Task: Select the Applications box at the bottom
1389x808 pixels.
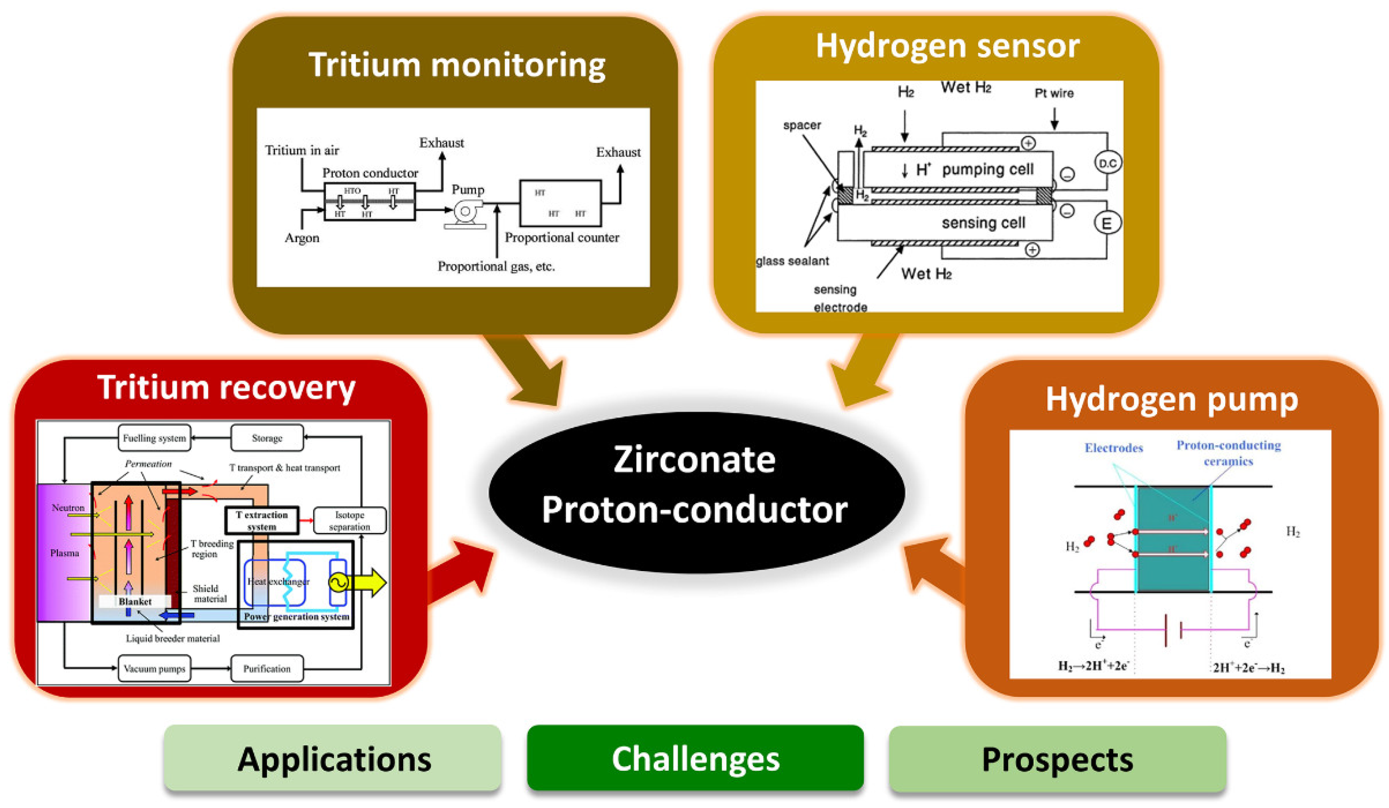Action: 333,759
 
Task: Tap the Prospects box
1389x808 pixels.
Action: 1057,759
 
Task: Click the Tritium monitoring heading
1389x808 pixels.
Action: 457,64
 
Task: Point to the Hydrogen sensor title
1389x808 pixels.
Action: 947,45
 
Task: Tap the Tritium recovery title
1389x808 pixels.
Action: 226,387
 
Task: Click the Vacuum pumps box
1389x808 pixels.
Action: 154,668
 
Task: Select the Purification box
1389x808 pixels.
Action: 267,668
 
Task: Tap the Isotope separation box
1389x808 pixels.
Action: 349,520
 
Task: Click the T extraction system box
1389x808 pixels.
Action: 262,520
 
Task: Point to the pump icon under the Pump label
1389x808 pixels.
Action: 466,213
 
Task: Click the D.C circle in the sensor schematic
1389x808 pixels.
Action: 1107,163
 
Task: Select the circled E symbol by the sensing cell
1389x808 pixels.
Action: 1107,223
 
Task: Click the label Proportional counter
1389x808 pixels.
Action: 562,238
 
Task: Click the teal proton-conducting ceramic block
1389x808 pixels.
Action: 1173,539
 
